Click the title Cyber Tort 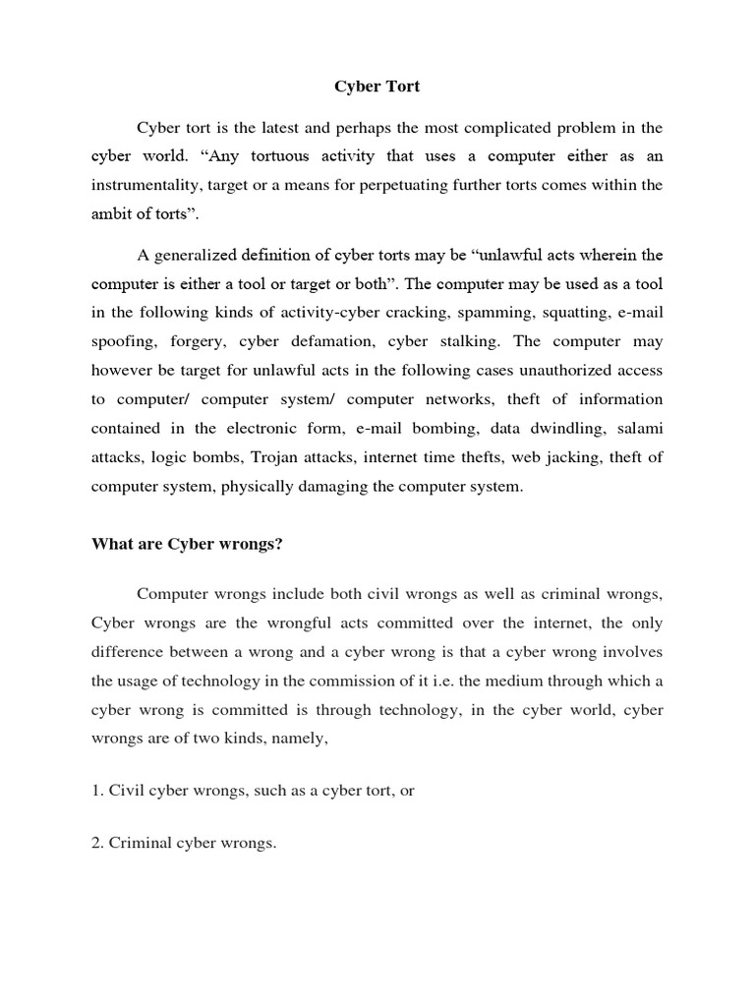[377, 87]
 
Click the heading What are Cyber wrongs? [187, 544]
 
